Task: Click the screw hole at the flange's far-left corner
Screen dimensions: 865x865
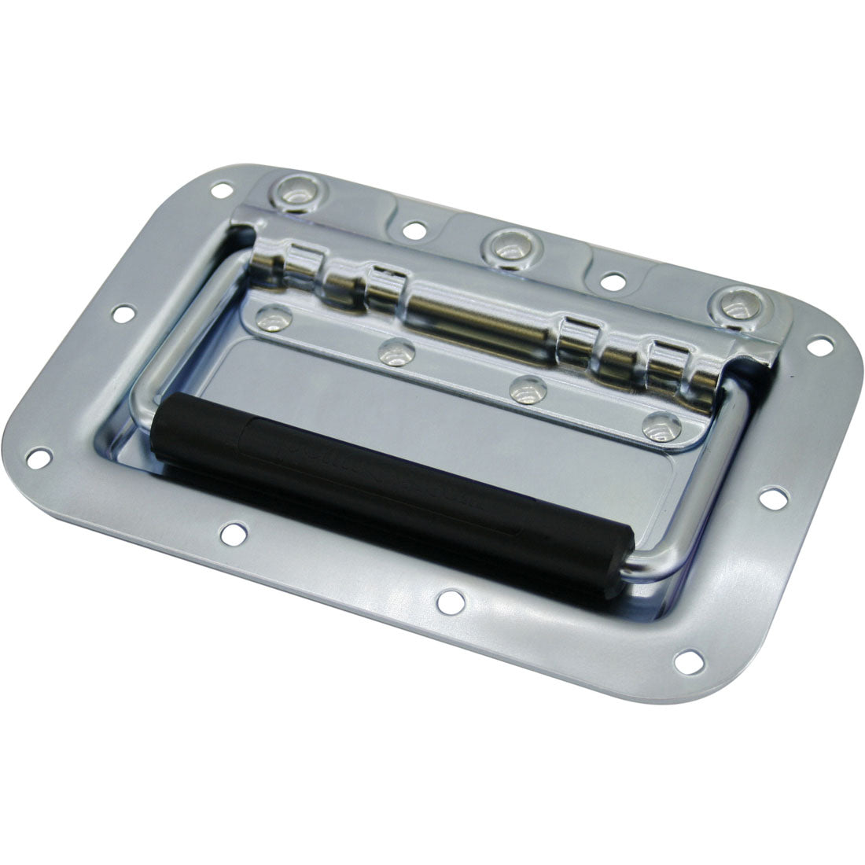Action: click(37, 454)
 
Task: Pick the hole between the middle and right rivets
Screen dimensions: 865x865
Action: click(613, 278)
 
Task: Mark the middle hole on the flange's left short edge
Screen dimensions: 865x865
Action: click(121, 313)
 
